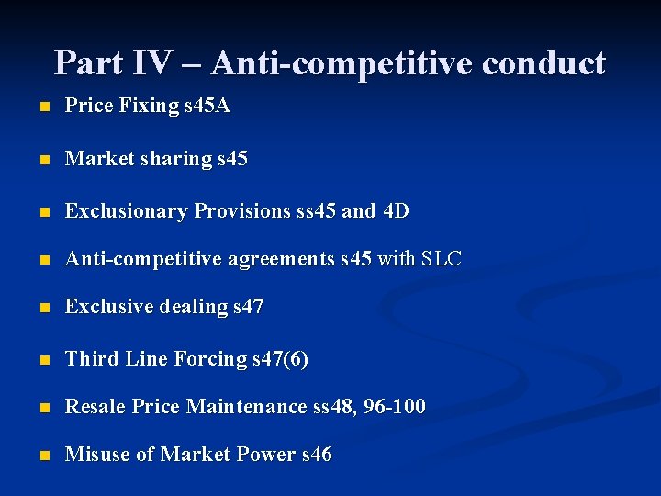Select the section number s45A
(x=207, y=106)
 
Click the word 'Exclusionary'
(x=127, y=211)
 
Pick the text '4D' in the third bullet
(x=396, y=211)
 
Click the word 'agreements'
(x=281, y=260)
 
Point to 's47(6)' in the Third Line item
(x=281, y=359)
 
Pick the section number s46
(x=317, y=455)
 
